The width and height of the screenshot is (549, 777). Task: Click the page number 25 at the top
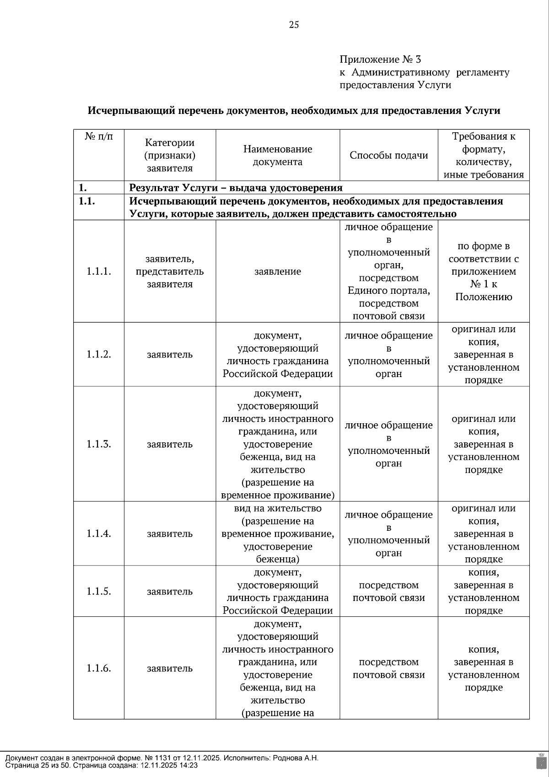click(294, 25)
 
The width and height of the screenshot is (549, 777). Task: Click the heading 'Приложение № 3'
click(380, 59)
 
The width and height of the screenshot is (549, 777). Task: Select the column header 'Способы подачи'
click(388, 155)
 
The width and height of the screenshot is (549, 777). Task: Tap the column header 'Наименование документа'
click(277, 155)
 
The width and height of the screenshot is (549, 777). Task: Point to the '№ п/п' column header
click(98, 136)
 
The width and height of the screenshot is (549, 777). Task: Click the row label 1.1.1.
click(98, 271)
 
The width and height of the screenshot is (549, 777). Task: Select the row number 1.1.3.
click(98, 444)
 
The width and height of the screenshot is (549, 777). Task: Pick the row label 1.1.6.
click(98, 668)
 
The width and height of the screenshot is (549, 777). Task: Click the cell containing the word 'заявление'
click(277, 271)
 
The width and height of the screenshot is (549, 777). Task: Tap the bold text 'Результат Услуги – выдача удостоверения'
click(236, 188)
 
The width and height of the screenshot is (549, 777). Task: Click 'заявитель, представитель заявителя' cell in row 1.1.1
click(169, 271)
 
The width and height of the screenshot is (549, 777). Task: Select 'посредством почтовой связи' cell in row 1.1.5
click(388, 591)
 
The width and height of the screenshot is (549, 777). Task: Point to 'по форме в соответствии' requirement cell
click(483, 271)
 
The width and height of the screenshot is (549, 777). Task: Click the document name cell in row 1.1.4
click(277, 534)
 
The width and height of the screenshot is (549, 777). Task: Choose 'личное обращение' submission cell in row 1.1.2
click(388, 354)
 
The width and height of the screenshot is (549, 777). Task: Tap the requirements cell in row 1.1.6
click(483, 668)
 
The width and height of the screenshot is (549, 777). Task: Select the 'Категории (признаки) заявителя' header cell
click(169, 155)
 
